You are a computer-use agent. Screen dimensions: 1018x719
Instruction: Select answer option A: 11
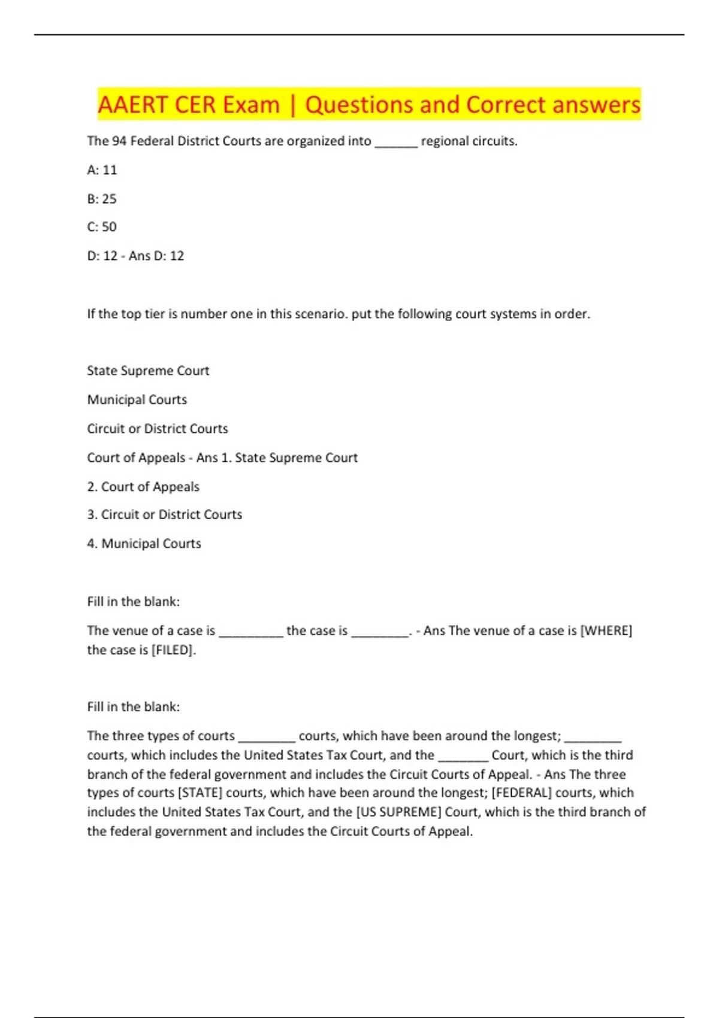point(102,170)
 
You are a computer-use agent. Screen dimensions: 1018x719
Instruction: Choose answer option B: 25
point(102,199)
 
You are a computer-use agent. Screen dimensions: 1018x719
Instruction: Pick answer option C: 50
point(102,227)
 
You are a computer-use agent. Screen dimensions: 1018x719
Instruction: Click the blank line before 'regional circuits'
point(395,144)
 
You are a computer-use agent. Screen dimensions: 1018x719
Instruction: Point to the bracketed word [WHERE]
point(606,631)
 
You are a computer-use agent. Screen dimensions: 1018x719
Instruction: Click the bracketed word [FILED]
point(173,650)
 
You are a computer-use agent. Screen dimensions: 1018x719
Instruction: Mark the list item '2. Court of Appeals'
point(143,487)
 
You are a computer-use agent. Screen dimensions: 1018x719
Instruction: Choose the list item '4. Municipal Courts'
point(144,544)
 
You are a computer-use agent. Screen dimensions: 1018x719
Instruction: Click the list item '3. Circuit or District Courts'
point(164,515)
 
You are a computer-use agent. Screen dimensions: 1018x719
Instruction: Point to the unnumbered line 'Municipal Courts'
point(137,400)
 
